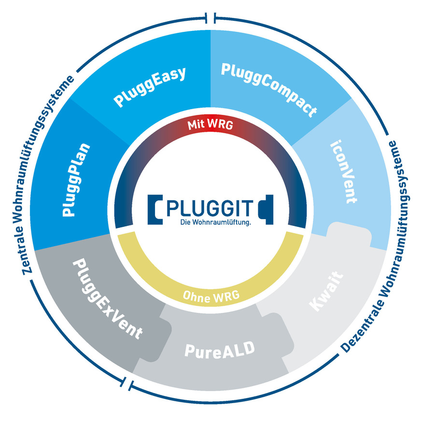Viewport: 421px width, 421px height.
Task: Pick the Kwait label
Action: click(326, 292)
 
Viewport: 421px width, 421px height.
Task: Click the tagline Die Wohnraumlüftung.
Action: click(210, 223)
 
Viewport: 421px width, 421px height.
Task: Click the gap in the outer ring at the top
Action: click(210, 18)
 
